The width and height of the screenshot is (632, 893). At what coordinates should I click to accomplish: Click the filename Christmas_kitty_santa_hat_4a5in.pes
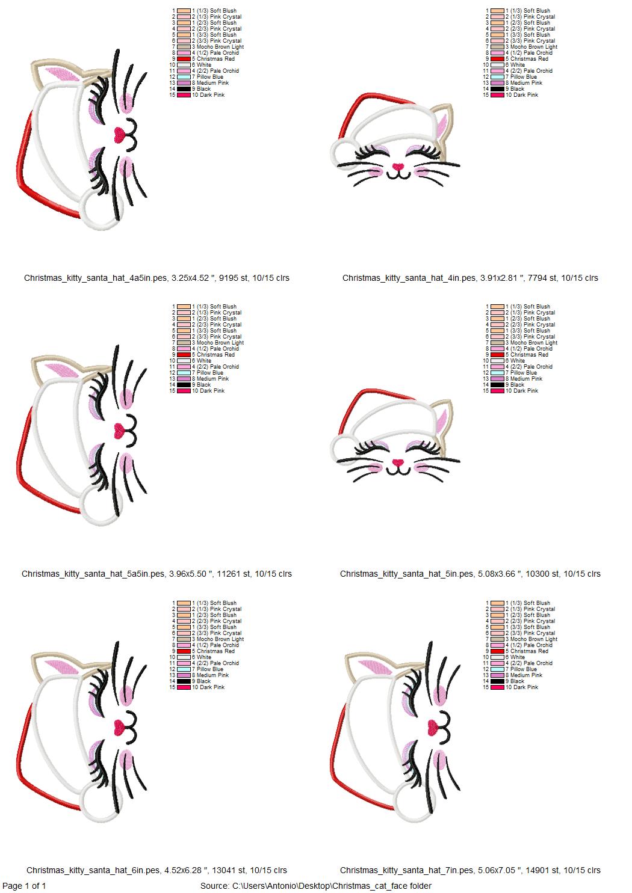[x=95, y=278]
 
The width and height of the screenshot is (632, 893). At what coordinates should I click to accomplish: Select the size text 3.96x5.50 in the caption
[x=188, y=574]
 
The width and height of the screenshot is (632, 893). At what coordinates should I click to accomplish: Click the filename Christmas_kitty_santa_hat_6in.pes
[x=93, y=870]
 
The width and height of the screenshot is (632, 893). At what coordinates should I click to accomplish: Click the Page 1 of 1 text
[x=24, y=886]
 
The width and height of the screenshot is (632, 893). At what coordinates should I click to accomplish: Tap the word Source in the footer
[x=214, y=886]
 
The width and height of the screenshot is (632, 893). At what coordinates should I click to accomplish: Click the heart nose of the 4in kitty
[x=398, y=166]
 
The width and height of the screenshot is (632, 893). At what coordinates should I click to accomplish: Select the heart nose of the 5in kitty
[x=398, y=462]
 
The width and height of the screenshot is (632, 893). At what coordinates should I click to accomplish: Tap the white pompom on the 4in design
[x=344, y=152]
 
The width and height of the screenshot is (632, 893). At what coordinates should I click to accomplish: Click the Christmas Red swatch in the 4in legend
[x=498, y=58]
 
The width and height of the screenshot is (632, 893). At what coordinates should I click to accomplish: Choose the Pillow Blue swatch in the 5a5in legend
[x=184, y=373]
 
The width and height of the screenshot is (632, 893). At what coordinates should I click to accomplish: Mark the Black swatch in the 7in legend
[x=498, y=681]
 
